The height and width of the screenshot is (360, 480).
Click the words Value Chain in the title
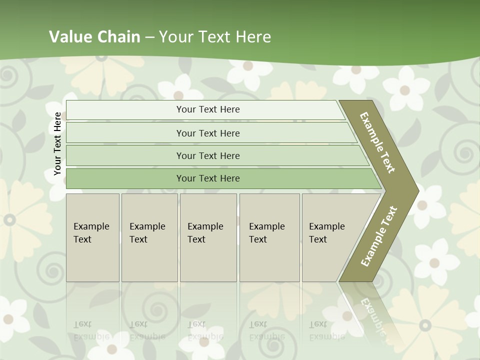click(x=94, y=36)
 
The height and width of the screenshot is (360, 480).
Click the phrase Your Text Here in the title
click(x=215, y=36)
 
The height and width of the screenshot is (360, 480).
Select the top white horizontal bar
click(x=208, y=109)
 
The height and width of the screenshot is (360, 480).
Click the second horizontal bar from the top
click(x=208, y=133)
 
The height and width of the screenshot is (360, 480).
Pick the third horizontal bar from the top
click(x=208, y=155)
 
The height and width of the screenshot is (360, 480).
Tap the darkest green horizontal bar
click(x=208, y=178)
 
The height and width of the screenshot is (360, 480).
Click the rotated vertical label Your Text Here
click(x=57, y=143)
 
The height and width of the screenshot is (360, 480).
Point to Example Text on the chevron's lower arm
click(x=379, y=236)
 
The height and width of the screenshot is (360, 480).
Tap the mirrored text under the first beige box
click(x=91, y=330)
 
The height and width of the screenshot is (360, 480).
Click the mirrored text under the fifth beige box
click(x=327, y=330)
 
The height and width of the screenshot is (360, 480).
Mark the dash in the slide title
click(x=149, y=37)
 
